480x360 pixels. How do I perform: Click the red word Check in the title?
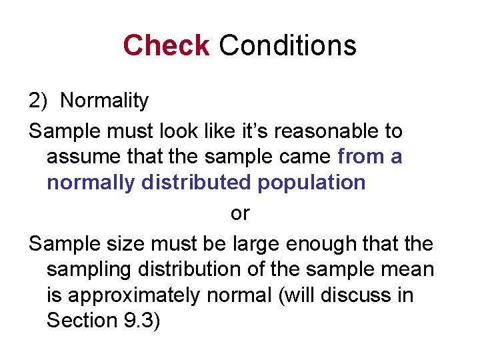(166, 45)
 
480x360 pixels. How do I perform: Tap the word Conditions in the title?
(287, 45)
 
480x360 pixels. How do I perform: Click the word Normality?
(104, 101)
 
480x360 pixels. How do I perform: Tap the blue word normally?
(90, 183)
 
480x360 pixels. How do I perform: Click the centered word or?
(239, 213)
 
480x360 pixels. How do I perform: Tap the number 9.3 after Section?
(141, 320)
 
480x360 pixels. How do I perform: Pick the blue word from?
(361, 157)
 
